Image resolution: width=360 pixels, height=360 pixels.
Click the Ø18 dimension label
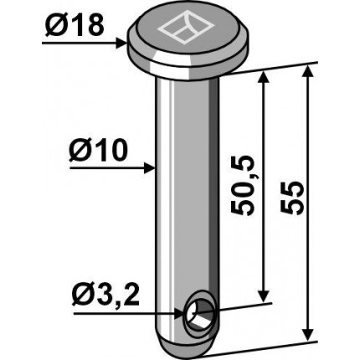[x=75, y=27]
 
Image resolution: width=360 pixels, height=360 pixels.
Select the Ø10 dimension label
[x=99, y=151]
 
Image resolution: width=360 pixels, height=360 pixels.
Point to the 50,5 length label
[x=242, y=185]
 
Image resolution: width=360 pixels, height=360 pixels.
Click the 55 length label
[x=291, y=198]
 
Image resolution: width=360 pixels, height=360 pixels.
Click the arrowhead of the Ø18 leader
[x=121, y=44]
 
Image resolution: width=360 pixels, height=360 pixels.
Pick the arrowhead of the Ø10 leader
[x=149, y=168]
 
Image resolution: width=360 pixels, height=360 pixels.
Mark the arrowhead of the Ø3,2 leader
[x=180, y=314]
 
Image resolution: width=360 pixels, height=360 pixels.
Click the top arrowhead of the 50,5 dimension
[x=264, y=77]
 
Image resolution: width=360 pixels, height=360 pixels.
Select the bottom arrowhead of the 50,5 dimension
[x=264, y=296]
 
